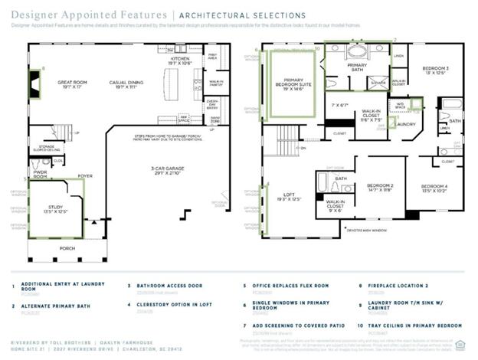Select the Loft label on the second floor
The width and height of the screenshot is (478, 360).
click(290, 197)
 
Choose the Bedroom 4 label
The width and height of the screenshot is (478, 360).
click(434, 188)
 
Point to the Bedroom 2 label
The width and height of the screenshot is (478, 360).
click(379, 186)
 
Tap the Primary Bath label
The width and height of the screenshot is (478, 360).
click(358, 66)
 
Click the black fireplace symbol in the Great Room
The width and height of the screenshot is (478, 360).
click(35, 79)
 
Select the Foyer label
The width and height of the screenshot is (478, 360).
click(85, 175)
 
